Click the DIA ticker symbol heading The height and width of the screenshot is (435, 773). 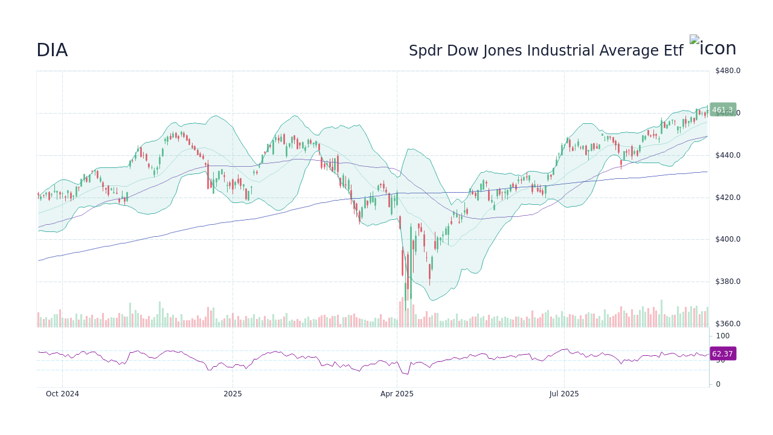52,51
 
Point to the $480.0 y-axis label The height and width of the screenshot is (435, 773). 727,71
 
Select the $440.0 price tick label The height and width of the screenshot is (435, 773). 727,155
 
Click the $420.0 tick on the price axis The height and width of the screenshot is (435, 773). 727,198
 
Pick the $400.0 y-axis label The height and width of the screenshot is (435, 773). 727,239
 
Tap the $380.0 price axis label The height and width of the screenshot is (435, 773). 727,282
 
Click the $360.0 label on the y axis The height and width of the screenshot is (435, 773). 727,324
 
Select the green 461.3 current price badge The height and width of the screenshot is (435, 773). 722,110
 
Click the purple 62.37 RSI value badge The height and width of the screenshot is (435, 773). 722,354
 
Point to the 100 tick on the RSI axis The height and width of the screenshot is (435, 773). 723,336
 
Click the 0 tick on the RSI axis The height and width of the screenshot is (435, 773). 718,384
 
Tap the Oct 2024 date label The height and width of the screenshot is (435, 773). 62,394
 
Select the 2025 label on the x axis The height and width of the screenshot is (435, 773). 233,394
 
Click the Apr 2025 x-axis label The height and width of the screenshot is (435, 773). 397,394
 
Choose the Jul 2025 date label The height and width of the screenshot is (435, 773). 564,394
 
